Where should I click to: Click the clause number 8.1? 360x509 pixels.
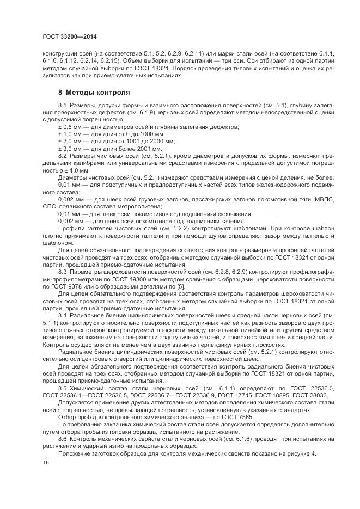point(62,105)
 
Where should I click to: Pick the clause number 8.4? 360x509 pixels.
point(62,315)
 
